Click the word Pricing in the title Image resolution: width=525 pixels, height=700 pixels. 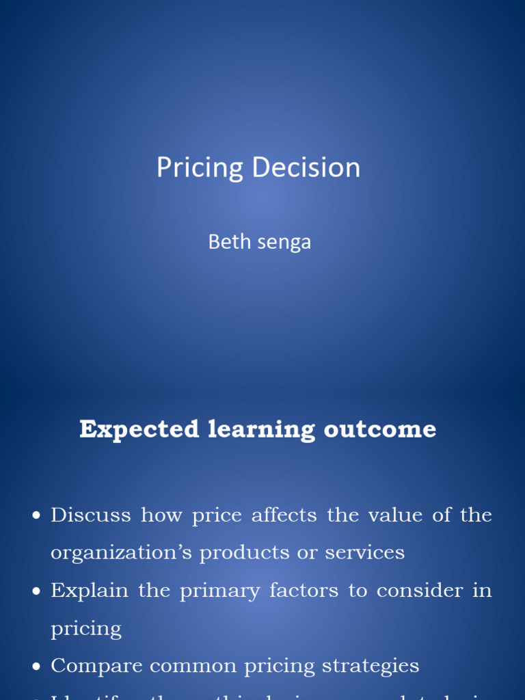(x=200, y=168)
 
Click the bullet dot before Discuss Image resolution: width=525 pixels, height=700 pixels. (x=37, y=515)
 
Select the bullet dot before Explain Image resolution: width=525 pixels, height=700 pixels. (x=37, y=591)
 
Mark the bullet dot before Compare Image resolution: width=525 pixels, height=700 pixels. (x=37, y=667)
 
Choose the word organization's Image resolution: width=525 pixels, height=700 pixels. (x=121, y=553)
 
